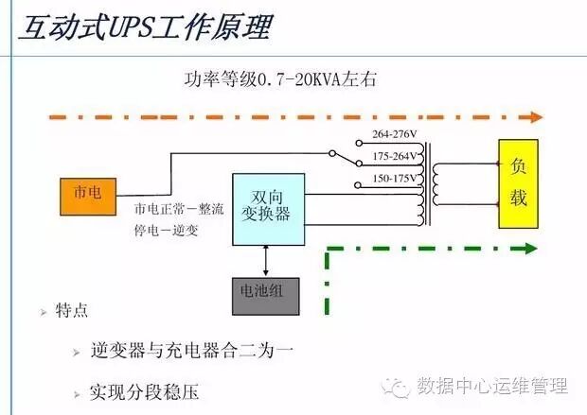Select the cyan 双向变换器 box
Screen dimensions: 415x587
[x=269, y=207]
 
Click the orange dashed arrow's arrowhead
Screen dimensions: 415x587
[x=537, y=117]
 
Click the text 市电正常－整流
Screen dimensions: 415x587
[x=180, y=210]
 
